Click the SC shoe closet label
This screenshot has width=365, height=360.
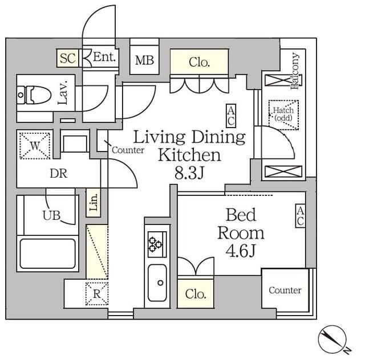(x=67, y=58)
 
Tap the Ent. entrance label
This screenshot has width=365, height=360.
(x=104, y=57)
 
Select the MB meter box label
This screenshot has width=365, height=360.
(x=144, y=60)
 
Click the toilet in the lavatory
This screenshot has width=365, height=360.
(x=34, y=95)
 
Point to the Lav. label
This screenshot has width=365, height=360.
(x=63, y=92)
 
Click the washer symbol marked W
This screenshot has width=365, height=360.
(x=35, y=146)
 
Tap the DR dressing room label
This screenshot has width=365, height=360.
(x=58, y=174)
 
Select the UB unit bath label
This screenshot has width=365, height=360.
(x=51, y=215)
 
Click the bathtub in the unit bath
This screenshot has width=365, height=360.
(x=48, y=253)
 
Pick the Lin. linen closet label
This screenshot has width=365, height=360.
(x=94, y=202)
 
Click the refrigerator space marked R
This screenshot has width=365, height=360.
(x=97, y=294)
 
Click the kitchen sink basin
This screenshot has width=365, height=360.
(x=157, y=283)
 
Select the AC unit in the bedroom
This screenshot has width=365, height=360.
(x=301, y=215)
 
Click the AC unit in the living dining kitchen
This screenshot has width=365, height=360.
(x=231, y=116)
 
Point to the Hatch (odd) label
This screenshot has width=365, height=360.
(x=283, y=114)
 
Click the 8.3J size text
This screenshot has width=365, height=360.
(x=189, y=173)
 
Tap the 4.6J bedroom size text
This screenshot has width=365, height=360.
(x=241, y=251)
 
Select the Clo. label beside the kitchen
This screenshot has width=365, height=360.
(x=196, y=294)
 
